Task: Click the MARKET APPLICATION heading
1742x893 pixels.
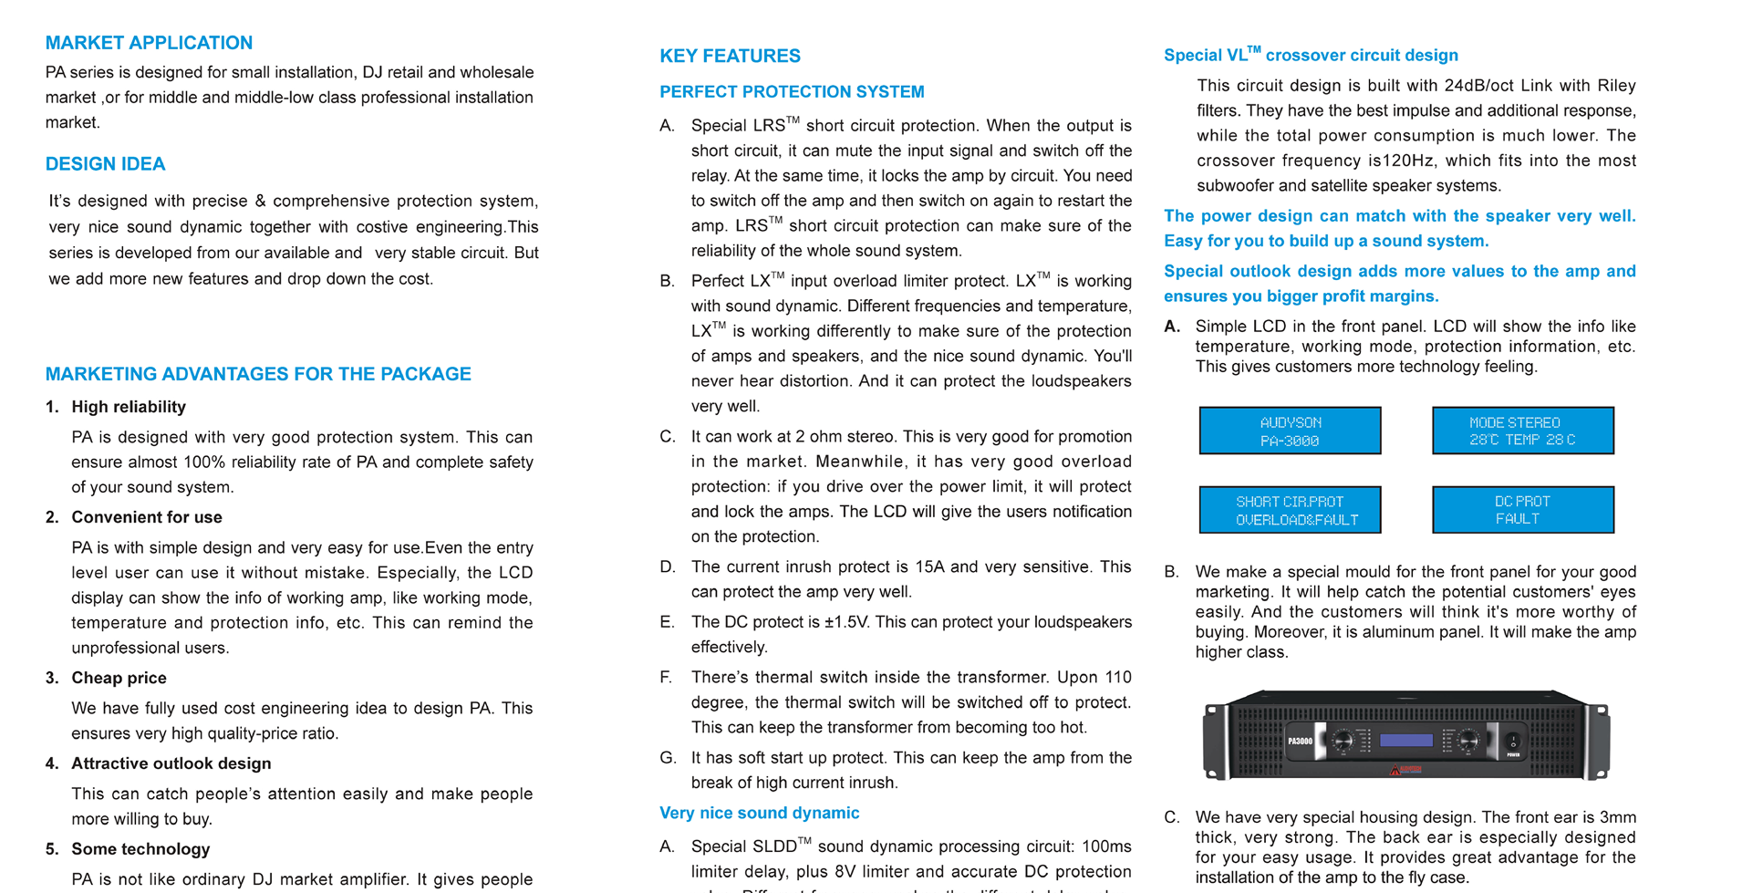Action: click(x=149, y=43)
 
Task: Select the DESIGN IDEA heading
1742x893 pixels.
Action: click(x=105, y=164)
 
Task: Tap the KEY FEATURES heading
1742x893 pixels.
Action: click(x=730, y=56)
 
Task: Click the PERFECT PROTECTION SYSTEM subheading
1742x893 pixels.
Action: click(x=792, y=92)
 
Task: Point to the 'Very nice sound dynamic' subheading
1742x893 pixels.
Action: click(x=759, y=813)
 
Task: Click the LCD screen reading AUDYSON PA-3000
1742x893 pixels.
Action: click(x=1290, y=431)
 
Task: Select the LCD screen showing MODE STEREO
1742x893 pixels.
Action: click(x=1522, y=431)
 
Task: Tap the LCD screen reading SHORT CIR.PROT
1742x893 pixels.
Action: click(x=1290, y=510)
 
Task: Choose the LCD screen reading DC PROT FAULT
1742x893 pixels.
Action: click(x=1522, y=510)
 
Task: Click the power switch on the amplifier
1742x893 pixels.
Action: click(x=1513, y=741)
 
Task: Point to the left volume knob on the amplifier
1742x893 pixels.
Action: click(x=1343, y=741)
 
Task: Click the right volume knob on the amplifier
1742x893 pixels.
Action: click(x=1467, y=741)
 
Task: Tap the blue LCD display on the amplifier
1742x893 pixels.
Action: click(x=1405, y=741)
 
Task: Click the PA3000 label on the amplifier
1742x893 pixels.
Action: click(x=1300, y=742)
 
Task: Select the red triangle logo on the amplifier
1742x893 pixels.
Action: click(x=1395, y=771)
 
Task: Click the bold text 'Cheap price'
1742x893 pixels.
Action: click(x=119, y=678)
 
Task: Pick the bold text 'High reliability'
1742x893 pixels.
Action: click(x=129, y=407)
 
